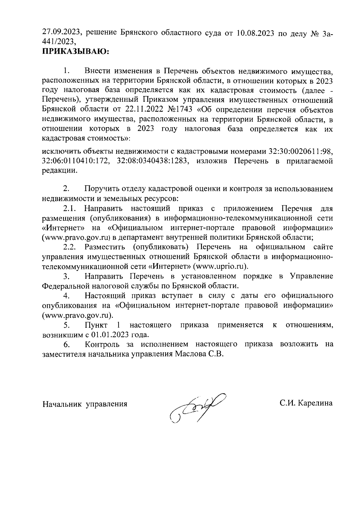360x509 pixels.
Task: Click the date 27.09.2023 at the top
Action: tap(61, 32)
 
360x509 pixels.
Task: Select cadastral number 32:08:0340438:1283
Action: tap(153, 161)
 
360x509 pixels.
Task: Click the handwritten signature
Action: tap(196, 407)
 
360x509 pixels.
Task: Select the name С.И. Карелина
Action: tap(306, 403)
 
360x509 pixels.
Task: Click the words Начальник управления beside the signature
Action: tap(85, 404)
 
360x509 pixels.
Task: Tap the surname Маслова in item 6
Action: tap(188, 354)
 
